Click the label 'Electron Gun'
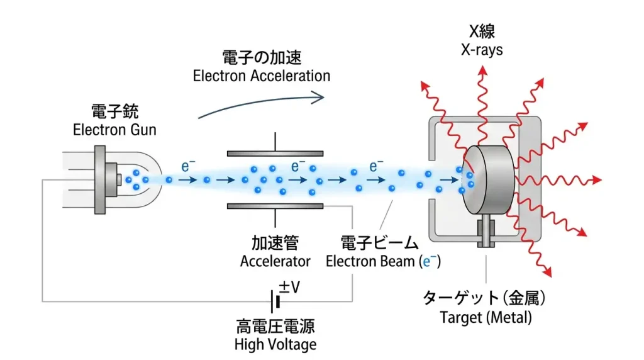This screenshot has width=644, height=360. click(114, 131)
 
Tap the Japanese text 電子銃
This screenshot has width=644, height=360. click(114, 113)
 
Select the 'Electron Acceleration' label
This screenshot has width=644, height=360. click(261, 76)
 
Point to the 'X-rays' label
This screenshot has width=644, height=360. click(481, 50)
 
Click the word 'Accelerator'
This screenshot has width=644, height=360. click(275, 261)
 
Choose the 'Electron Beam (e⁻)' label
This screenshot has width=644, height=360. click(383, 261)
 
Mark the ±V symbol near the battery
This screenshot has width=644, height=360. click(289, 287)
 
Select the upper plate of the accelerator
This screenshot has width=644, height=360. click(275, 154)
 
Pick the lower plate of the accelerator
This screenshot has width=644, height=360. click(275, 206)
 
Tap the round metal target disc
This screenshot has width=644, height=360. click(487, 179)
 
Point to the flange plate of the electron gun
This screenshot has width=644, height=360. click(99, 179)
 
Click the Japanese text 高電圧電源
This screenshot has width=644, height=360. click(275, 327)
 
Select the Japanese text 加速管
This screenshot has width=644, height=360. click(275, 243)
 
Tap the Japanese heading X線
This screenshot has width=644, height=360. click(481, 32)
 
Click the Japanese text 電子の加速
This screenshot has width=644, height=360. click(262, 58)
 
